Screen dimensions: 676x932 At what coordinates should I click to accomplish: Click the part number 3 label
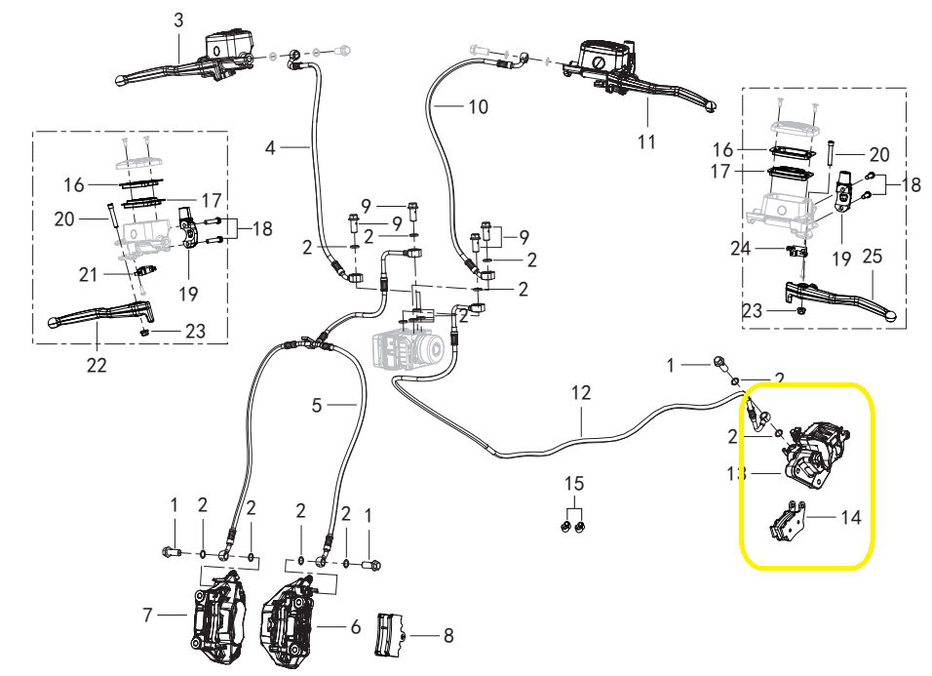click(177, 20)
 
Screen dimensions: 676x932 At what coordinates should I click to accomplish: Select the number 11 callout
click(646, 141)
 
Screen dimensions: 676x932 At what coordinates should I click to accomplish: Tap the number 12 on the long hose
click(581, 393)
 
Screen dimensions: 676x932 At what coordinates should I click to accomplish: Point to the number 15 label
click(574, 484)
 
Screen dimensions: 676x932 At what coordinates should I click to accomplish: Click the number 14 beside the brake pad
click(851, 517)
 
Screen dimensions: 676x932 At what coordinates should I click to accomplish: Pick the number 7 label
click(148, 616)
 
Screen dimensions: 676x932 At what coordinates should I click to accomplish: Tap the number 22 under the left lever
click(97, 366)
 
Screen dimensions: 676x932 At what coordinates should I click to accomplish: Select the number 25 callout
click(873, 258)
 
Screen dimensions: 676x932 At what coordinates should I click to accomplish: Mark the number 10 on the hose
click(478, 106)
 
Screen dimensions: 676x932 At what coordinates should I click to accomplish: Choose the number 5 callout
click(317, 405)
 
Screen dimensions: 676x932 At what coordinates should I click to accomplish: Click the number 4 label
click(271, 147)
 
